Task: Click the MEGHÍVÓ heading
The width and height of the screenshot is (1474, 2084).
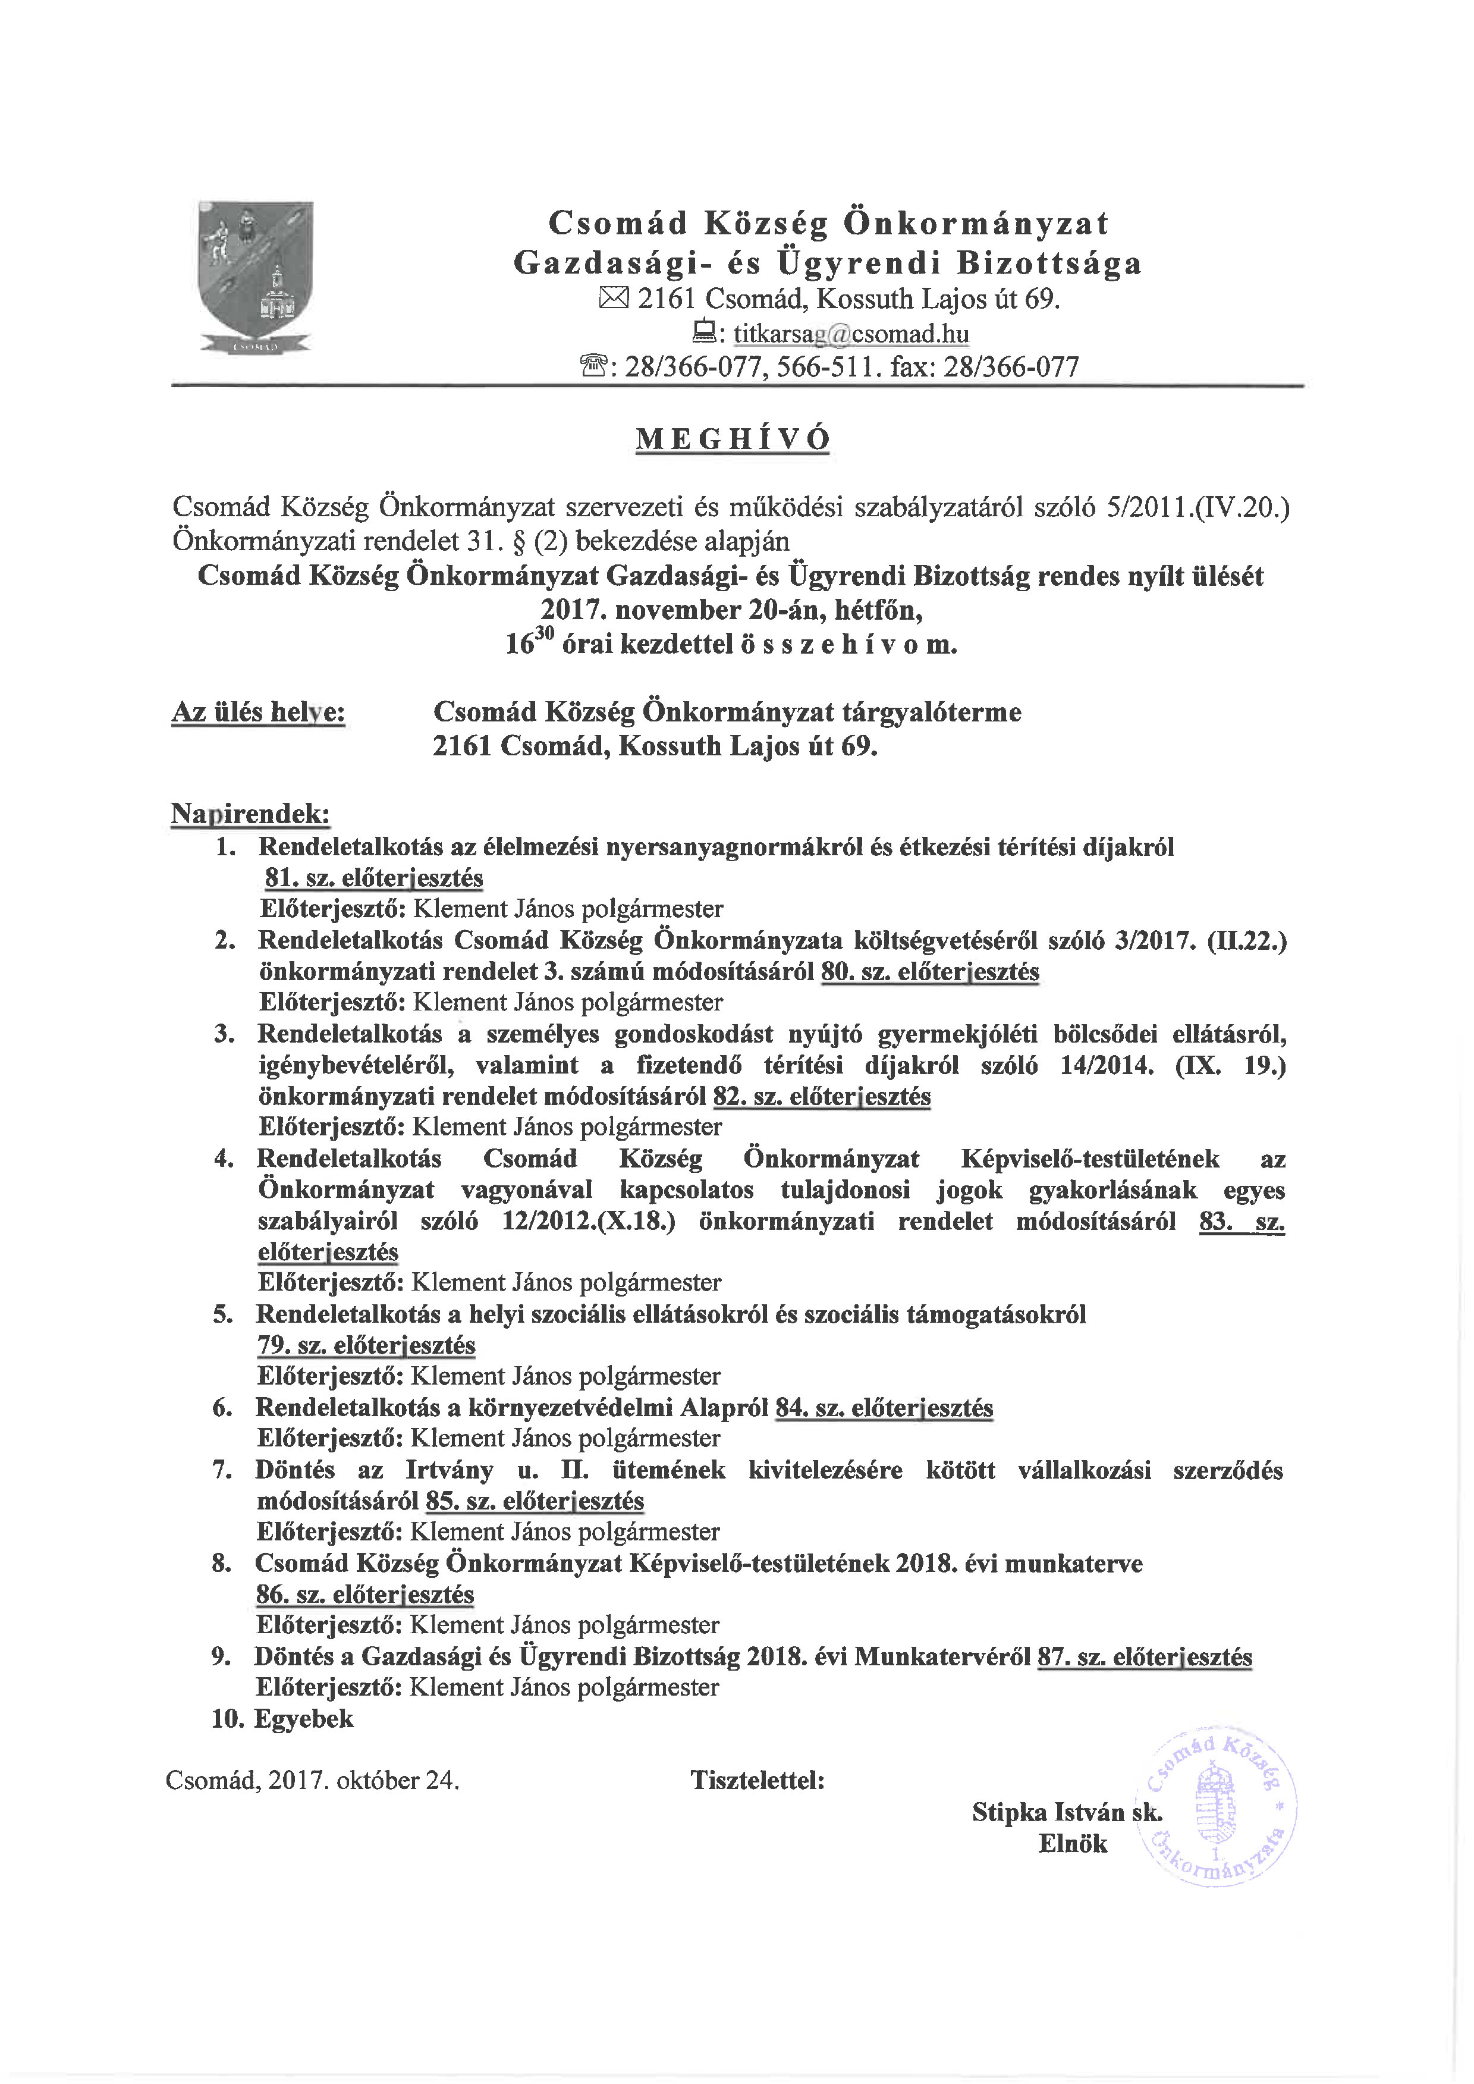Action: (x=733, y=440)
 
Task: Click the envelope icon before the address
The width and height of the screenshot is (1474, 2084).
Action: (x=614, y=299)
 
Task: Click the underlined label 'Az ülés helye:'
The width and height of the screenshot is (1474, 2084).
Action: (x=258, y=713)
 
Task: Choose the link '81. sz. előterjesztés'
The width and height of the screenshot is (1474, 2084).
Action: (x=374, y=878)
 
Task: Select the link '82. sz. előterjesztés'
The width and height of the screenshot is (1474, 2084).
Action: (x=821, y=1097)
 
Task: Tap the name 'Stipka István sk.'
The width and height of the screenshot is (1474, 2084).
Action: (x=1067, y=1813)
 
